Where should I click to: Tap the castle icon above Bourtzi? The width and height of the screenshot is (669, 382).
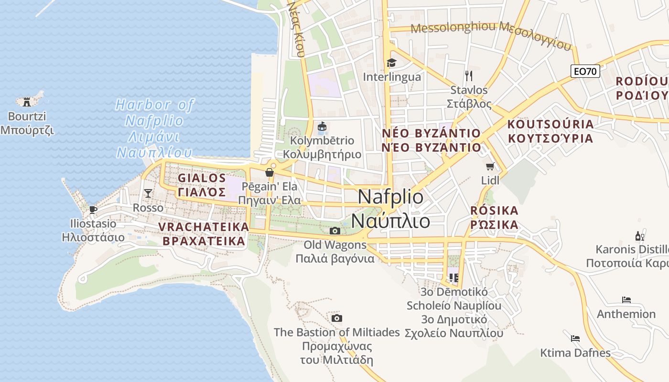pyautogui.click(x=27, y=101)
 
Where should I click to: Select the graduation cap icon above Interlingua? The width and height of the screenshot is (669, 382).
pyautogui.click(x=391, y=63)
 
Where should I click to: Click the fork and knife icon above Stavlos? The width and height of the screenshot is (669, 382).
pyautogui.click(x=468, y=75)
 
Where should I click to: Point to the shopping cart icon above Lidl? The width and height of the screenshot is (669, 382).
pyautogui.click(x=490, y=166)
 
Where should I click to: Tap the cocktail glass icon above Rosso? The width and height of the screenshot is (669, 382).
pyautogui.click(x=148, y=193)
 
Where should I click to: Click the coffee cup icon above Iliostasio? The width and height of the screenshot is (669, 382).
pyautogui.click(x=93, y=209)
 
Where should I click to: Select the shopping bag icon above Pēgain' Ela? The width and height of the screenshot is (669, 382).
pyautogui.click(x=270, y=172)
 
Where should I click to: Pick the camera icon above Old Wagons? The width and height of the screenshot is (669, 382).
pyautogui.click(x=335, y=231)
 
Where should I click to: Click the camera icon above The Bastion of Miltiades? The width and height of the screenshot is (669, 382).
pyautogui.click(x=337, y=318)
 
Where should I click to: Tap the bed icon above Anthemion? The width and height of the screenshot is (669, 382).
pyautogui.click(x=626, y=300)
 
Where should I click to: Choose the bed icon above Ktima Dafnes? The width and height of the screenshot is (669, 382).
pyautogui.click(x=575, y=339)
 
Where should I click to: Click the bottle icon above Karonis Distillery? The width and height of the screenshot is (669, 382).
pyautogui.click(x=639, y=236)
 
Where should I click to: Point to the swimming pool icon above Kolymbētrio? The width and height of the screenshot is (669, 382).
pyautogui.click(x=322, y=127)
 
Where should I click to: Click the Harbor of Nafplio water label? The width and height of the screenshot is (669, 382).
pyautogui.click(x=154, y=128)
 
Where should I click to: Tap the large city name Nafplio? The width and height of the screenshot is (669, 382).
pyautogui.click(x=390, y=209)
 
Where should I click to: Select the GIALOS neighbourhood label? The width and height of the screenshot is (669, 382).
pyautogui.click(x=202, y=185)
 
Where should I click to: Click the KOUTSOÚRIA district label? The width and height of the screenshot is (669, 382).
pyautogui.click(x=550, y=131)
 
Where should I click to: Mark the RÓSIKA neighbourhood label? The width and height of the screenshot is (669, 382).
pyautogui.click(x=494, y=217)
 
